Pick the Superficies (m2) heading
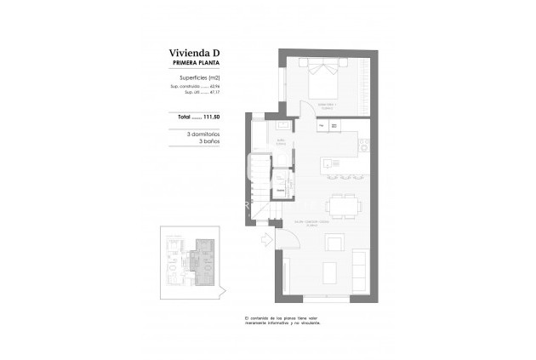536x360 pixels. [188, 78]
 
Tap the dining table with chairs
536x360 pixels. [344, 205]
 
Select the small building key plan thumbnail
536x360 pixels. [191, 260]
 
